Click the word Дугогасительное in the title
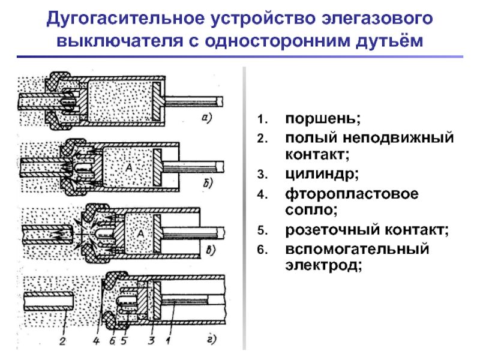click(125, 19)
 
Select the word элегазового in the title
click(377, 19)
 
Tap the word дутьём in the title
click(389, 41)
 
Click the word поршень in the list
click(323, 119)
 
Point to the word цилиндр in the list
click(322, 175)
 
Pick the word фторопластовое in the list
click(352, 194)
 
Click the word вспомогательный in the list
click(357, 249)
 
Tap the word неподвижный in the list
click(398, 138)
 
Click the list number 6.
click(263, 250)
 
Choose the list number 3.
click(263, 175)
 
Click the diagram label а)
click(207, 118)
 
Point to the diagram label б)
click(208, 183)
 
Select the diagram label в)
click(211, 250)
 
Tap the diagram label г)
click(212, 340)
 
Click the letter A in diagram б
click(129, 167)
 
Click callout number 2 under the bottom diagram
click(63, 341)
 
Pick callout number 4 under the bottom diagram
click(97, 341)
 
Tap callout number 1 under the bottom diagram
click(168, 340)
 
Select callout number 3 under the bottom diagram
click(151, 340)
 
